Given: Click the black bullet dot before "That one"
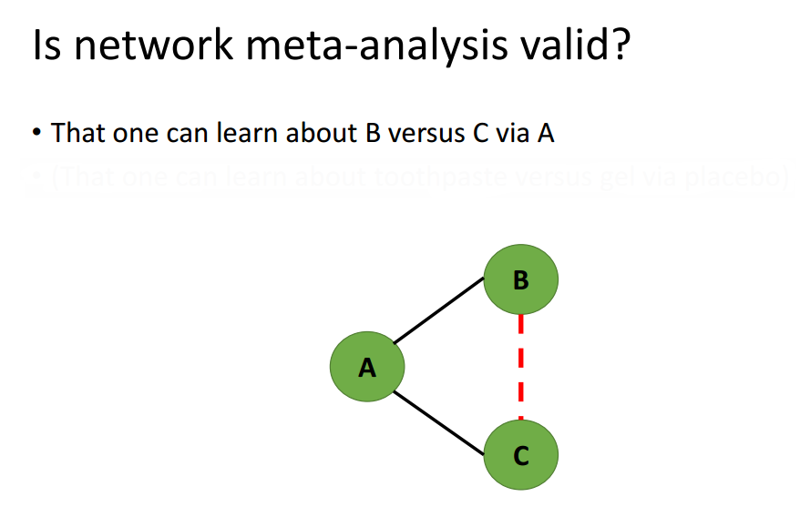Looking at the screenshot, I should tap(36, 134).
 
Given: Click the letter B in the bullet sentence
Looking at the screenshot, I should tap(373, 133).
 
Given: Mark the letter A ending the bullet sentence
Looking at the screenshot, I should tap(546, 133).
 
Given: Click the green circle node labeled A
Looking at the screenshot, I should tap(367, 368).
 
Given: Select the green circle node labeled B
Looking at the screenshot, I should tap(520, 279).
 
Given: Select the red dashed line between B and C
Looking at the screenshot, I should tap(520, 368).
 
